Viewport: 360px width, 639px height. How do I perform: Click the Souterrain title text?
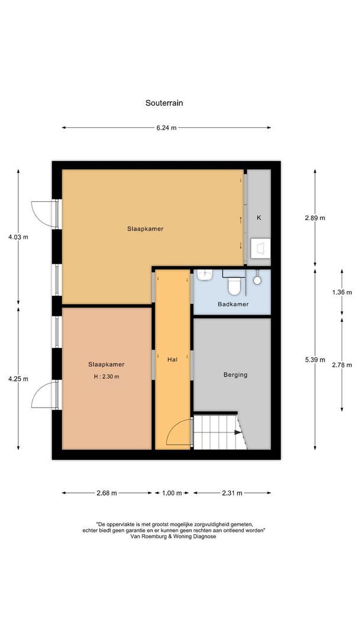[164, 102]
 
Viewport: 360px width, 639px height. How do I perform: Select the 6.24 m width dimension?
[166, 127]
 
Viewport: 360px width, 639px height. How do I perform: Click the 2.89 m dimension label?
[314, 218]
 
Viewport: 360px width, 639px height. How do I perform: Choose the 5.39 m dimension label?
[314, 360]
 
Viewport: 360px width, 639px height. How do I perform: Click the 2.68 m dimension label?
[106, 493]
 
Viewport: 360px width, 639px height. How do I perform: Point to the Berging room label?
[235, 375]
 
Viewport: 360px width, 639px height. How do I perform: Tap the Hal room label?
[172, 359]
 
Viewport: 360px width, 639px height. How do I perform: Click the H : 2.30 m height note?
[106, 377]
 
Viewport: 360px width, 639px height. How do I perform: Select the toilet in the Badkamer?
[234, 286]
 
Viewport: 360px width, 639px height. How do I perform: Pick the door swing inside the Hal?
[179, 433]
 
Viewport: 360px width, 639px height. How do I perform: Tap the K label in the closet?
[259, 218]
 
